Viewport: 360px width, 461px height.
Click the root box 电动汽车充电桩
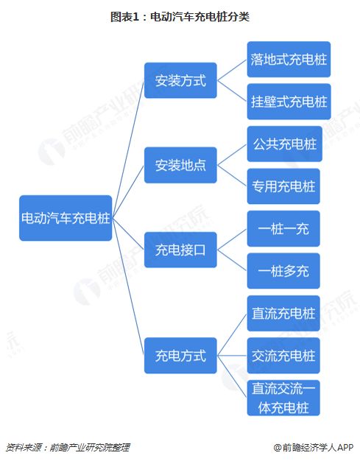66,218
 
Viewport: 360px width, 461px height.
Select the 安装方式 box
180,80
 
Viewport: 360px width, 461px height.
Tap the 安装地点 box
180,165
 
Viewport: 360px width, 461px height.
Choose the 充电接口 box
180,250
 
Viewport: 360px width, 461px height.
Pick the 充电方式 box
180,356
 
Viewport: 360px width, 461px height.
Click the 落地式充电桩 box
289,60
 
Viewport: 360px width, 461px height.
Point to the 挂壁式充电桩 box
289,102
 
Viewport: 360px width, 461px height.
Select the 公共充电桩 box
284,144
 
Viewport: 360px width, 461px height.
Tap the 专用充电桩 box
283,186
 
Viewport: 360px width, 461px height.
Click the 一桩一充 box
283,228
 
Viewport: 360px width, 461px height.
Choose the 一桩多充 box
283,271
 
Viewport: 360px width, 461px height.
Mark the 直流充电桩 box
283,313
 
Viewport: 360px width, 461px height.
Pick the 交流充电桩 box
283,356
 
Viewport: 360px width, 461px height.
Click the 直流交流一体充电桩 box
283,398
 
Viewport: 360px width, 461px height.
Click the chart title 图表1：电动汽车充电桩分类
180,16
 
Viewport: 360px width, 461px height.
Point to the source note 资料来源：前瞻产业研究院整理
68,448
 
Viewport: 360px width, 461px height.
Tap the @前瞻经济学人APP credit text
314,448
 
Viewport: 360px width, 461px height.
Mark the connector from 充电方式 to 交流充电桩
232,356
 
